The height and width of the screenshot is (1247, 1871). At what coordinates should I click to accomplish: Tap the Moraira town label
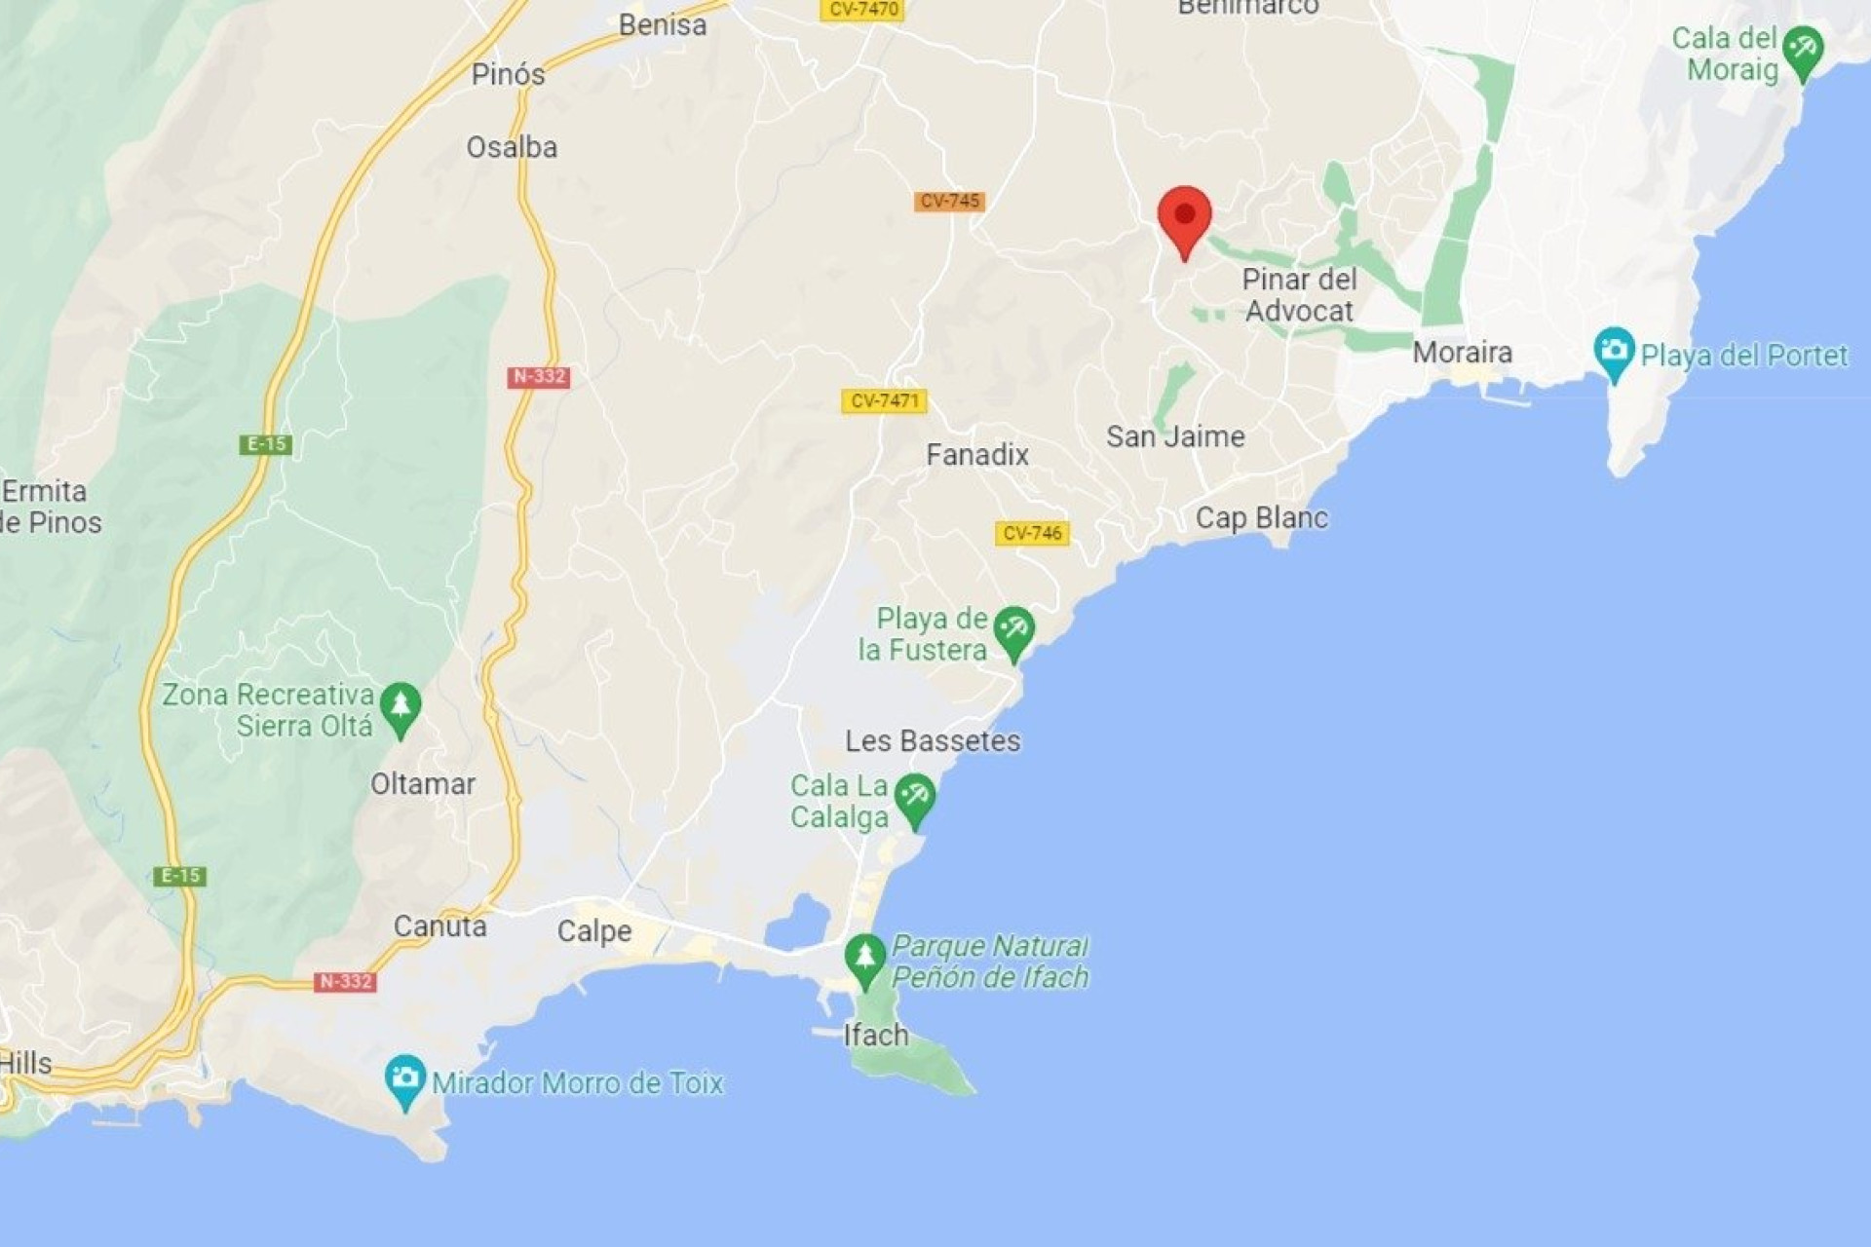1462,353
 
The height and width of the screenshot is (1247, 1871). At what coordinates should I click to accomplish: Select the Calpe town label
594,931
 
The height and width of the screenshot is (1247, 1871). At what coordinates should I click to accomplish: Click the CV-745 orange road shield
949,202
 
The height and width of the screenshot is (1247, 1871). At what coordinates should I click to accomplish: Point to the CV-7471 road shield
884,400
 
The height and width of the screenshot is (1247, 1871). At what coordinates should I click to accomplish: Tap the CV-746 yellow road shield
1032,533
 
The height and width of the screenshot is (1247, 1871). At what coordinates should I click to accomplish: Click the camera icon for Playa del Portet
1614,351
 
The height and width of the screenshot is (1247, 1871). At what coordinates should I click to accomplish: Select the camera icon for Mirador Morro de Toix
404,1078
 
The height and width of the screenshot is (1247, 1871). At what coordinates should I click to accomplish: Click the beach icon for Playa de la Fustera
1013,630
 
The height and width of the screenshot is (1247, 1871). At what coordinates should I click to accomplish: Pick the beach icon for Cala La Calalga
914,798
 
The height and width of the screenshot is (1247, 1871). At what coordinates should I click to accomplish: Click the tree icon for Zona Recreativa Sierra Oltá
400,706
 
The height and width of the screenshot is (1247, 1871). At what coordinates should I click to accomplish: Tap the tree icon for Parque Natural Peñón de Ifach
864,958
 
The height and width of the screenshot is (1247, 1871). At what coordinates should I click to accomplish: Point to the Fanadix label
977,455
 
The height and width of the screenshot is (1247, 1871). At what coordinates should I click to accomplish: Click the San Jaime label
1175,436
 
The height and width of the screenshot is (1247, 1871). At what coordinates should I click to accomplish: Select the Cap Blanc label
1261,517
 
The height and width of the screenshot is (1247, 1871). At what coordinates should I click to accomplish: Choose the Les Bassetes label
933,741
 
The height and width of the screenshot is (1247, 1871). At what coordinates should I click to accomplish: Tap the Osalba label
512,148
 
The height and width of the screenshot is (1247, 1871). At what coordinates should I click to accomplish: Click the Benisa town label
663,25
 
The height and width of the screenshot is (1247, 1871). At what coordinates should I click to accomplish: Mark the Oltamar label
423,784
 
